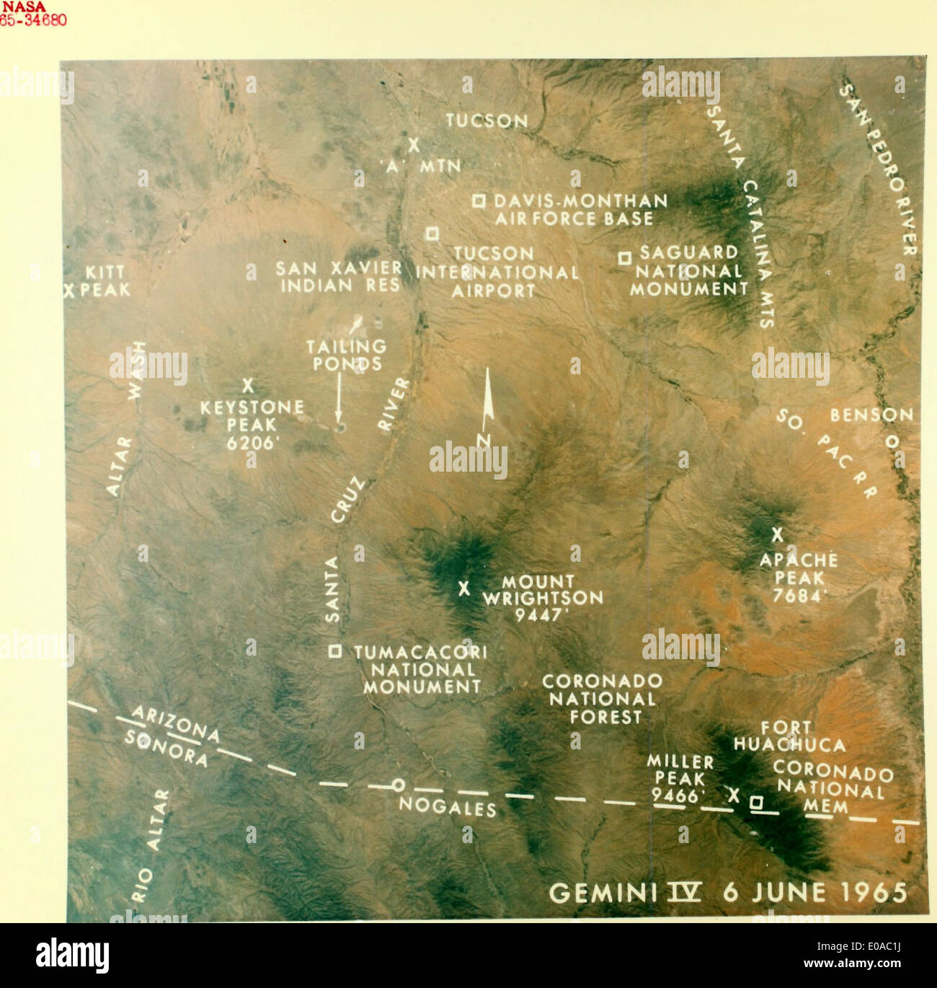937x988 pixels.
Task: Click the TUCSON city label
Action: coord(487,120)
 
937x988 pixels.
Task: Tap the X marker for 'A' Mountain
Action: coord(414,145)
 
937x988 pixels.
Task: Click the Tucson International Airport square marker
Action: coord(432,233)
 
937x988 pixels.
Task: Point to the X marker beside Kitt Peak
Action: coord(70,291)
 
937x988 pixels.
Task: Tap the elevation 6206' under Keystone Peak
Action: coord(252,443)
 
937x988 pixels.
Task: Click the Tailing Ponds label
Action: coord(347,355)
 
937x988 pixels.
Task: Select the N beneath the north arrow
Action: coord(484,440)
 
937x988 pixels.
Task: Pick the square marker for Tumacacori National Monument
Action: coord(335,651)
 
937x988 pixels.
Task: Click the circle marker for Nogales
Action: coord(398,785)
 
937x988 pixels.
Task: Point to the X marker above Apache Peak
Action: coord(777,535)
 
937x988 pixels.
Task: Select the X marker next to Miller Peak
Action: coord(734,795)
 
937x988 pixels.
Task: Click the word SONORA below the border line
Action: coord(166,748)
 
